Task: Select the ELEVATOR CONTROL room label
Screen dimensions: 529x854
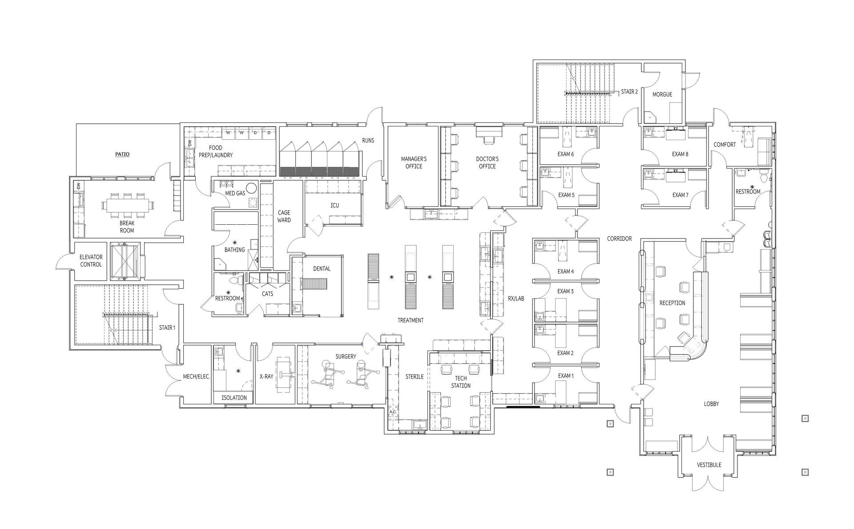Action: coord(91,261)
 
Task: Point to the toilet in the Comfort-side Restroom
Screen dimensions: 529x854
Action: coord(764,178)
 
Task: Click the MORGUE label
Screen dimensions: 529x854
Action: coord(662,94)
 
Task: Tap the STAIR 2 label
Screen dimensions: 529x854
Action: coord(629,92)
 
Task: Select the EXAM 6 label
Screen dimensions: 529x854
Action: coord(565,154)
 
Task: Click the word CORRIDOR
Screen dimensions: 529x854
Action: coord(619,239)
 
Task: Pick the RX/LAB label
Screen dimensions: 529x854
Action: coord(516,299)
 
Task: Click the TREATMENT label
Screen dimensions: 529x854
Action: coord(410,320)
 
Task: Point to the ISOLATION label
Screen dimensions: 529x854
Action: coord(234,398)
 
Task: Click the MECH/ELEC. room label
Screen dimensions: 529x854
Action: coord(196,376)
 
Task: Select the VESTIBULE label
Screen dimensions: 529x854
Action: coord(709,465)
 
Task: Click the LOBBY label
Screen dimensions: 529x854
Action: coord(711,404)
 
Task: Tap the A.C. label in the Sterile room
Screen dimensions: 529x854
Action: coord(392,412)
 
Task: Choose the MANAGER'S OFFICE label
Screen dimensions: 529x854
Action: coord(414,162)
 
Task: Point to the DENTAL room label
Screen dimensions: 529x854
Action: coord(322,269)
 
